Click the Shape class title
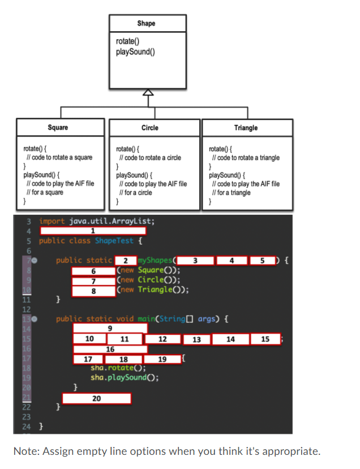tap(146, 23)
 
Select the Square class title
tap(58, 127)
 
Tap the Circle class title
tap(149, 127)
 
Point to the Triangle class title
tap(246, 127)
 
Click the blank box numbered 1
tap(93, 231)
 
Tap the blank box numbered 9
tap(110, 329)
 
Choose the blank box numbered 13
tap(196, 339)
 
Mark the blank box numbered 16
tap(110, 349)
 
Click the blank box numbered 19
tap(162, 359)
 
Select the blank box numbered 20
tap(96, 399)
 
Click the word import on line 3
tap(52, 221)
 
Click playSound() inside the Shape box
tap(135, 52)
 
